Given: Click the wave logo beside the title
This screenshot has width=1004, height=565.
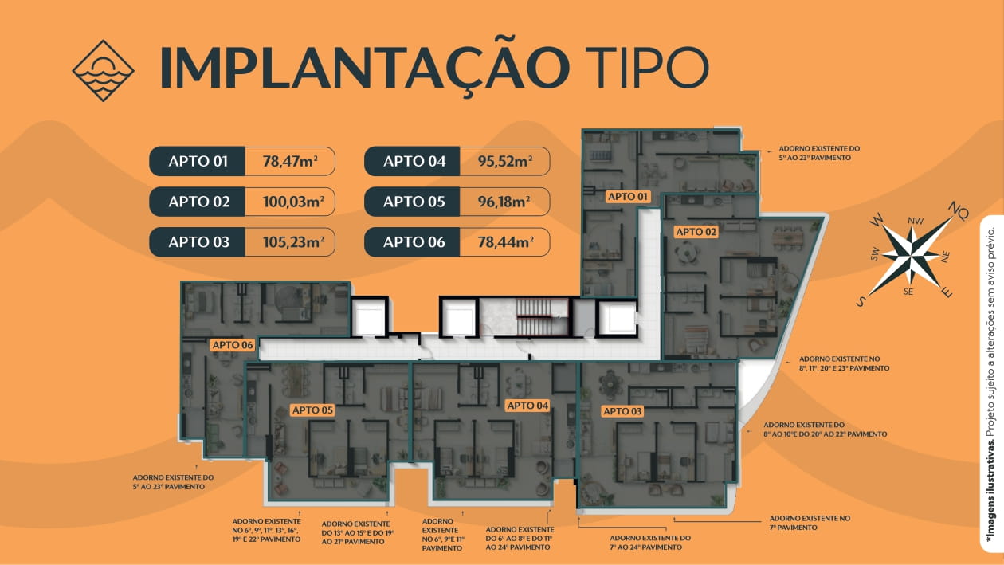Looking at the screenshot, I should click(103, 71).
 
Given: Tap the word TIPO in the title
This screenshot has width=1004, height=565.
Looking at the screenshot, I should click(646, 69).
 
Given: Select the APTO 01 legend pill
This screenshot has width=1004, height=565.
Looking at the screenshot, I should click(198, 161).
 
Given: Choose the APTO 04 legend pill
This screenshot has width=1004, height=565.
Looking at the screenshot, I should click(414, 161).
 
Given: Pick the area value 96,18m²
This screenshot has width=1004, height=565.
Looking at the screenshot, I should click(504, 202).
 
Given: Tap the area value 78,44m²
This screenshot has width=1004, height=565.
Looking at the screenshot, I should click(504, 242).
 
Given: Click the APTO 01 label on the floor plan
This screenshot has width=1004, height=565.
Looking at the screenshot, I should click(629, 196).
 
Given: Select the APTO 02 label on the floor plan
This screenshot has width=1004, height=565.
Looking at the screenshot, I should click(696, 232).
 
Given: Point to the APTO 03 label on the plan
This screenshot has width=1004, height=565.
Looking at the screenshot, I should click(622, 411).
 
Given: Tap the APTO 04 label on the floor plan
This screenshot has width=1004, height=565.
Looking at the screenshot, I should click(528, 406).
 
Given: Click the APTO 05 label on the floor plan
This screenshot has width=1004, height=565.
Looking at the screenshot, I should click(312, 410).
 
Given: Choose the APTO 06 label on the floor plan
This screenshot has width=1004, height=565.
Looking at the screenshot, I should click(232, 345).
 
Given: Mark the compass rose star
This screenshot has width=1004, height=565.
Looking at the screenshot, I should click(911, 256).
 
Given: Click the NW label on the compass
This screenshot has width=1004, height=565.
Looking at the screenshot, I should click(915, 221).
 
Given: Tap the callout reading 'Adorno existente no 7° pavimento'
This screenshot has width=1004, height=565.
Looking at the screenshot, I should click(810, 523).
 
